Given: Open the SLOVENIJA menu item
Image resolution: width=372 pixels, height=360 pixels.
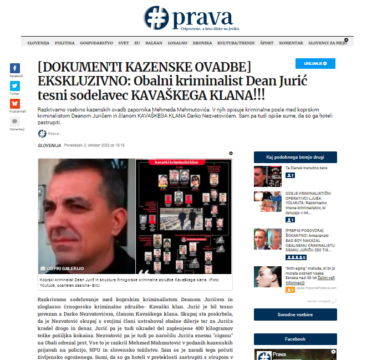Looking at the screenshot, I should [x=38, y=43].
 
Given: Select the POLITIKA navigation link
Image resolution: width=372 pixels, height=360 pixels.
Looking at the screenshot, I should [x=65, y=43].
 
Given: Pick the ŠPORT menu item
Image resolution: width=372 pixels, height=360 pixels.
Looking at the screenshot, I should [x=267, y=43].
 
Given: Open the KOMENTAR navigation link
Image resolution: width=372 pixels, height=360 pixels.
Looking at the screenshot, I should [x=291, y=43].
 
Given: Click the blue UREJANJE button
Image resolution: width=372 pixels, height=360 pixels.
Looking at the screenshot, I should [x=314, y=64].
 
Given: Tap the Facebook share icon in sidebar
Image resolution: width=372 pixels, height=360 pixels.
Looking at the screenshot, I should [x=15, y=68].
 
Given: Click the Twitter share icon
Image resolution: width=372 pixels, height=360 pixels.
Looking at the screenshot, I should [x=15, y=86].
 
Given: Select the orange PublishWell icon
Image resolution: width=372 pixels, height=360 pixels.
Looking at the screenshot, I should [x=15, y=104].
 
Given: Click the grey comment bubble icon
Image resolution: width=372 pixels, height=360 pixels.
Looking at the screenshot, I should [x=15, y=121].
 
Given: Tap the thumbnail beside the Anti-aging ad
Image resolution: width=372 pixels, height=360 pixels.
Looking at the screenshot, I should [x=268, y=276].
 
